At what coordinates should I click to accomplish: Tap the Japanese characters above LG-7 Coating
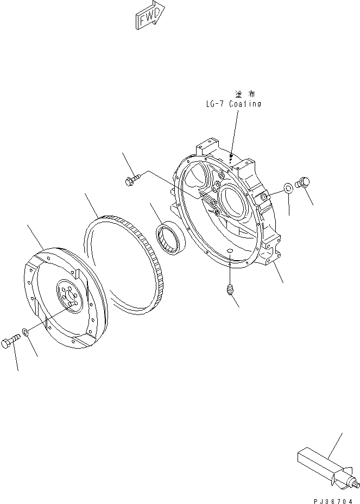[x=245, y=94]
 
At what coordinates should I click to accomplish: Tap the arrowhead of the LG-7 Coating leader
[x=230, y=159]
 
